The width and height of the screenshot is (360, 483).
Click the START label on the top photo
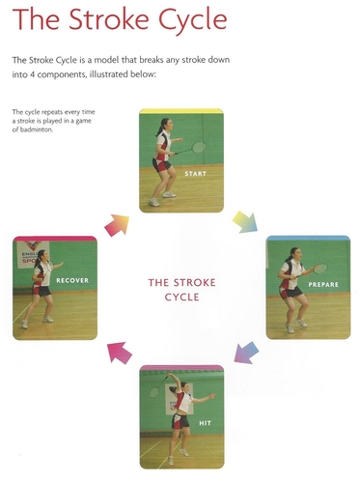pos(195,174)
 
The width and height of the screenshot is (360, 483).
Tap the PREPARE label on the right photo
pos(323,284)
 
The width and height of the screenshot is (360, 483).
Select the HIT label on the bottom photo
pos(205,423)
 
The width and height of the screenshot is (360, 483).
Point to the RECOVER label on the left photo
pos(72,280)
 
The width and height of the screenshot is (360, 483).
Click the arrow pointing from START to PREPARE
pos(245,222)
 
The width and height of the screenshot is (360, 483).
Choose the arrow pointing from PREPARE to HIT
pos(246,353)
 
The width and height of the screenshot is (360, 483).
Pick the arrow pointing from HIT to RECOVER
pos(120,353)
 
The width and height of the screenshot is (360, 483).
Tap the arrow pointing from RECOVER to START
pos(117,225)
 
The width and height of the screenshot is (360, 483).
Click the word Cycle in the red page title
pos(193,19)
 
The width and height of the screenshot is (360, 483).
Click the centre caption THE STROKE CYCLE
pos(181,290)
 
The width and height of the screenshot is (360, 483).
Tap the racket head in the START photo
pos(199,148)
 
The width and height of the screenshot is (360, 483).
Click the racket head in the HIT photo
pos(154,392)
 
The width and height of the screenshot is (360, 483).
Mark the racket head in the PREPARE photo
pos(320,269)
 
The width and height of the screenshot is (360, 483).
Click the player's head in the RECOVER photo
pos(42,256)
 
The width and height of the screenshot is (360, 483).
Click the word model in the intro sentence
pos(106,60)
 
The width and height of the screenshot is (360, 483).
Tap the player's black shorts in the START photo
pos(162,165)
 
